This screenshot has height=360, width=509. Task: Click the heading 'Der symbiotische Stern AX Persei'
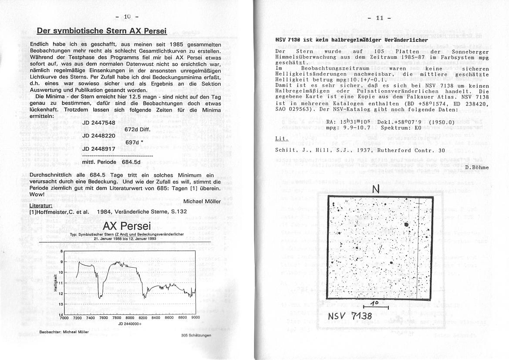pyautogui.click(x=102, y=31)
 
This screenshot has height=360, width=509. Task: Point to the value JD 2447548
pyautogui.click(x=99, y=123)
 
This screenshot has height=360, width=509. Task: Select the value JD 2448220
pyautogui.click(x=99, y=136)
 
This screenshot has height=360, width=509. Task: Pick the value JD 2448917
pyautogui.click(x=99, y=149)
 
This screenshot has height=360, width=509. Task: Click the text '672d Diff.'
pyautogui.click(x=138, y=129)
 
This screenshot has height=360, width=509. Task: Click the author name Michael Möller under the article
pyautogui.click(x=202, y=201)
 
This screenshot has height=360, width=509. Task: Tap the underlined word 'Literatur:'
pyautogui.click(x=41, y=205)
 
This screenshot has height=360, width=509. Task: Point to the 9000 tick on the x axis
pyautogui.click(x=195, y=318)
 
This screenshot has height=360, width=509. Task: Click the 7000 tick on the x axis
pyautogui.click(x=64, y=318)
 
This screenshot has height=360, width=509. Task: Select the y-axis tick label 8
pyautogui.click(x=61, y=251)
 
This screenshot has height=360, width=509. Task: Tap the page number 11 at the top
pyautogui.click(x=380, y=18)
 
